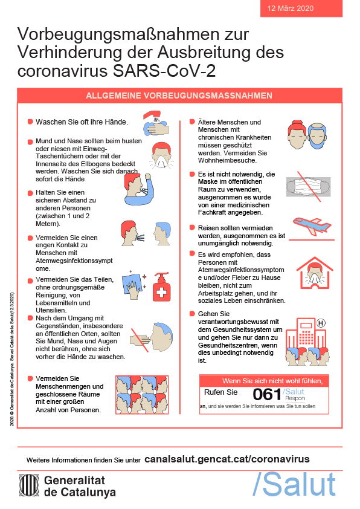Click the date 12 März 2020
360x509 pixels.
click(x=291, y=8)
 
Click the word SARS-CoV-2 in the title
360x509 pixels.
click(x=164, y=71)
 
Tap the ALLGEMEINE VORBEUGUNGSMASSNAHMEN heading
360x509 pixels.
click(x=179, y=96)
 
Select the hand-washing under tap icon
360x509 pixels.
click(x=156, y=123)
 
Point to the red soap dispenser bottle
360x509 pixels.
click(x=161, y=287)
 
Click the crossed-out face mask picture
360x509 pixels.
click(x=308, y=187)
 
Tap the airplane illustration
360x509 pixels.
click(x=312, y=225)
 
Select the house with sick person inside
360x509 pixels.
click(x=315, y=273)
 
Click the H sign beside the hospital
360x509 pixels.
click(x=320, y=323)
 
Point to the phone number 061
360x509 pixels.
click(x=266, y=395)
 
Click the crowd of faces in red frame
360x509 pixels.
click(x=142, y=395)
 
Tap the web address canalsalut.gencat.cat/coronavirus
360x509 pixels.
click(x=227, y=459)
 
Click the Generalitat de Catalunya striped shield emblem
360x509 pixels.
click(x=29, y=485)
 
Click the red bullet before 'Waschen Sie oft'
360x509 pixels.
click(x=30, y=122)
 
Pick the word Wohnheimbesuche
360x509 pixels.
click(x=227, y=160)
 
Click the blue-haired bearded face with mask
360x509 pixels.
click(x=317, y=136)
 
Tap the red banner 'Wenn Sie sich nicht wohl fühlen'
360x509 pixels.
click(x=264, y=381)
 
